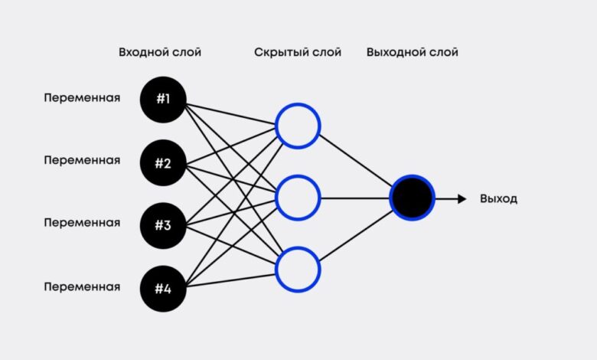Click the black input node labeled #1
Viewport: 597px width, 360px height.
coord(163,100)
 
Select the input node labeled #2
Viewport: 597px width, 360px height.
coord(163,162)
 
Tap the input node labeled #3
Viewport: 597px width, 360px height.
coord(163,225)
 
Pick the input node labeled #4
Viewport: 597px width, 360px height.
coord(163,288)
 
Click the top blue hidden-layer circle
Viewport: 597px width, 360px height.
coord(298,126)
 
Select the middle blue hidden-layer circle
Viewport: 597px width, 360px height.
coord(298,198)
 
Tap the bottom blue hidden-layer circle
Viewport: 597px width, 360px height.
coord(298,269)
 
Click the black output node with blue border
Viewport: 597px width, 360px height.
coord(412,198)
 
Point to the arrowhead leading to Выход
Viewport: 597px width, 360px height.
coord(462,198)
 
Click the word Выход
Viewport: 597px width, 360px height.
coord(498,199)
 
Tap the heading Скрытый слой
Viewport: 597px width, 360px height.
coord(298,53)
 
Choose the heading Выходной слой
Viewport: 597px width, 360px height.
coord(412,53)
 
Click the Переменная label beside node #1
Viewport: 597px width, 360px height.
coord(82,98)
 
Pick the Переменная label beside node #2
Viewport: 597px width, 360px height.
coord(82,161)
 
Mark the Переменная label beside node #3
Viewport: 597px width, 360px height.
coord(82,224)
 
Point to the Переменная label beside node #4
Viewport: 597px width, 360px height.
coord(82,287)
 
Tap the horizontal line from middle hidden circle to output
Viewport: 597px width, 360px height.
coord(355,198)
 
